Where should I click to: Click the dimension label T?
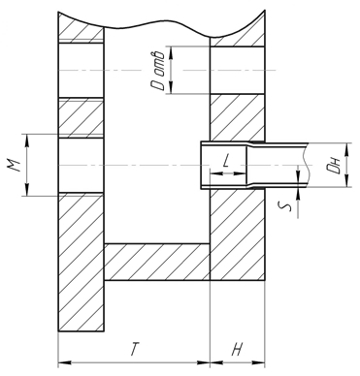pyautogui.click(x=133, y=349)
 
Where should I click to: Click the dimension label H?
pyautogui.click(x=237, y=349)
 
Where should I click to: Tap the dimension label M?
pyautogui.click(x=15, y=165)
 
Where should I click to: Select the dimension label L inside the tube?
pyautogui.click(x=226, y=161)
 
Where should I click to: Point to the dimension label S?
pyautogui.click(x=286, y=205)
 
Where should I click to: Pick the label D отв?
pyautogui.click(x=158, y=70)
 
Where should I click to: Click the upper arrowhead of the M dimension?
pyautogui.click(x=27, y=140)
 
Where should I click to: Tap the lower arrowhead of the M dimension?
pyautogui.click(x=27, y=190)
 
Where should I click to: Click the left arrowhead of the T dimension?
pyautogui.click(x=64, y=362)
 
